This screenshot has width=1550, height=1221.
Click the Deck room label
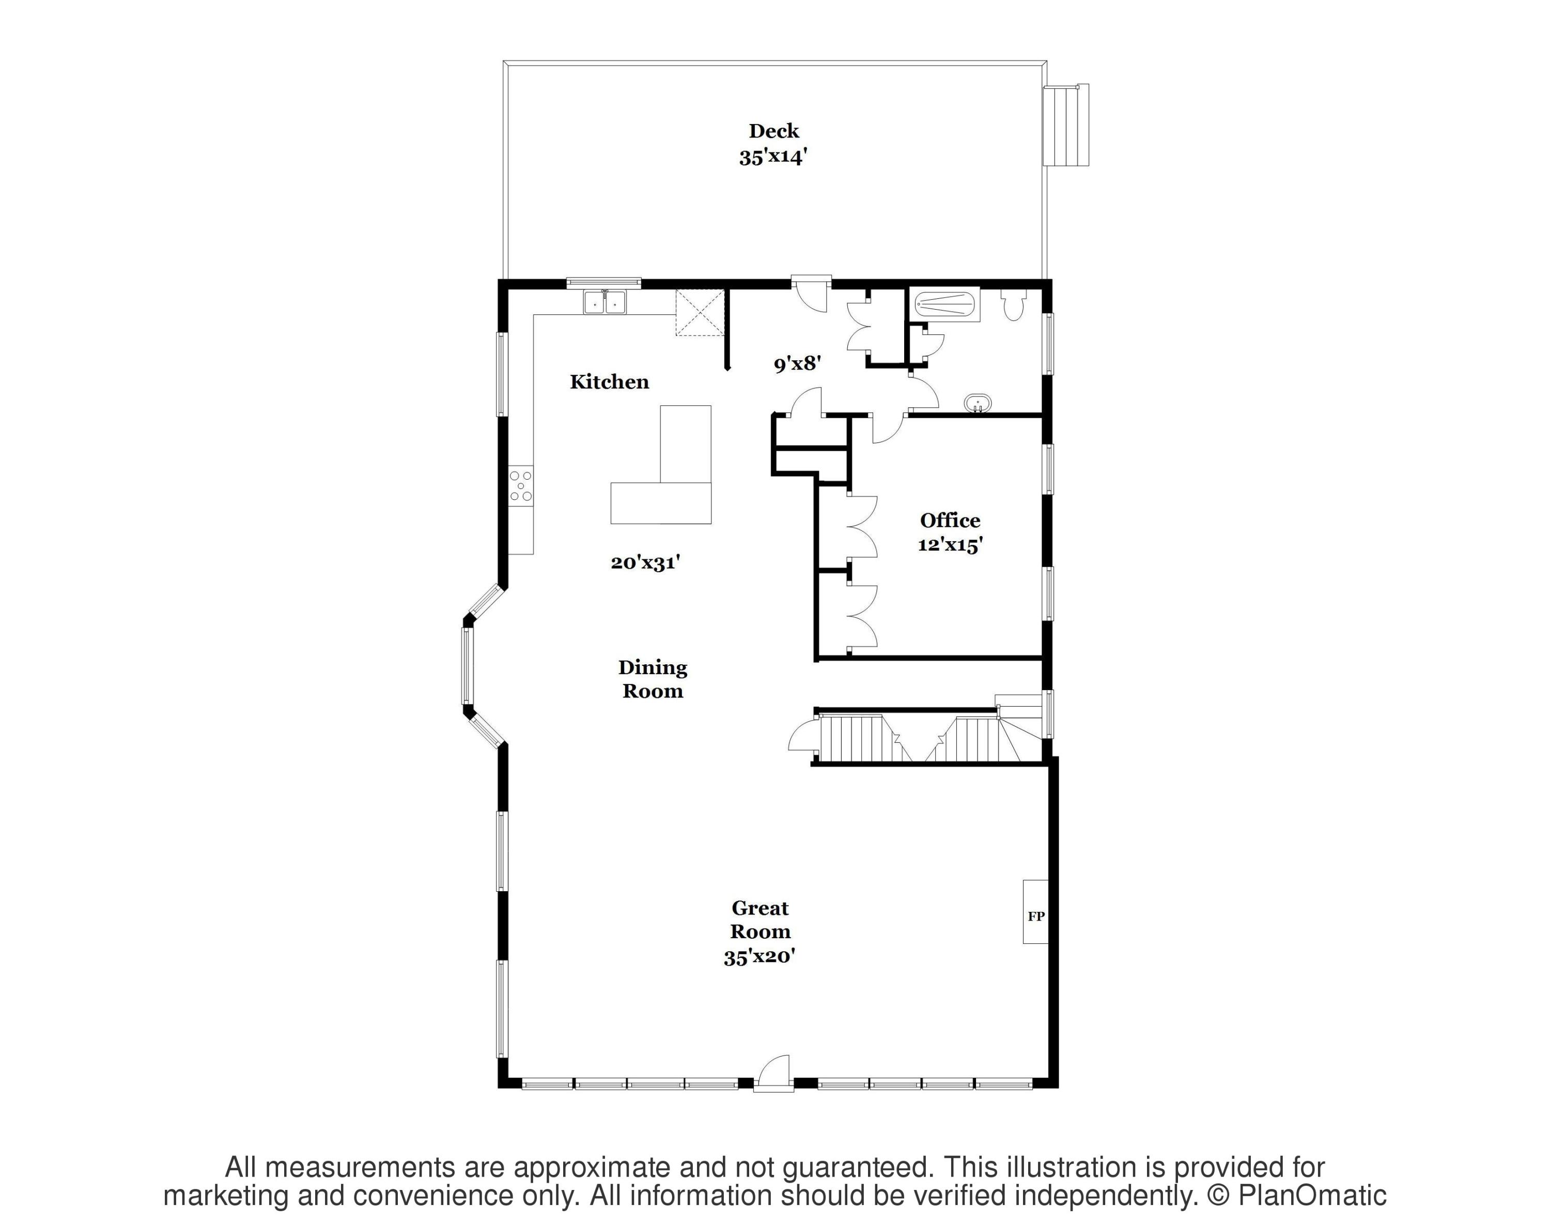point(773,131)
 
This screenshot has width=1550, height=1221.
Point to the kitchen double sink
point(605,302)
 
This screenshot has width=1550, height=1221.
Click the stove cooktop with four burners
point(521,485)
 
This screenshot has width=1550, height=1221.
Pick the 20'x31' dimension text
point(645,562)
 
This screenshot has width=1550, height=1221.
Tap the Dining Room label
point(653,679)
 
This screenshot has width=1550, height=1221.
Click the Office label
point(950,521)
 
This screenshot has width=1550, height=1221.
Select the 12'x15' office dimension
point(950,545)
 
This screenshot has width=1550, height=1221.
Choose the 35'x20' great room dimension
point(760,956)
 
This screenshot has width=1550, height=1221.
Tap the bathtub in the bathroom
point(946,304)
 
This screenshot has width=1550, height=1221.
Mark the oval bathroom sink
point(977,403)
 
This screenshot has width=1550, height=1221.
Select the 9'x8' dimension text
point(797,364)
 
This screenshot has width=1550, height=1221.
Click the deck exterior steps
point(1066,126)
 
